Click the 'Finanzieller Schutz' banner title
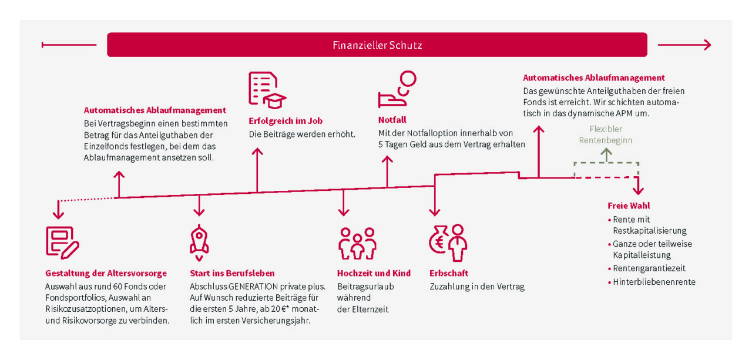point(377,45)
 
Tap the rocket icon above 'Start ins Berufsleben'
point(199,242)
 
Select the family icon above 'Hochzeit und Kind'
point(357,243)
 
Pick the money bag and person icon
point(448,243)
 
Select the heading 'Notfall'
point(392,120)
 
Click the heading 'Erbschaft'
point(449,273)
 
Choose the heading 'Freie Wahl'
point(629,206)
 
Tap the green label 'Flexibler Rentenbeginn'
point(606,134)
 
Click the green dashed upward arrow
point(606,154)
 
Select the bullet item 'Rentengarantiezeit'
point(649,268)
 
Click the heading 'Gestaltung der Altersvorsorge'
point(106,273)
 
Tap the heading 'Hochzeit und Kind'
point(374,273)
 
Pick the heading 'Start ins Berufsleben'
point(232,273)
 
